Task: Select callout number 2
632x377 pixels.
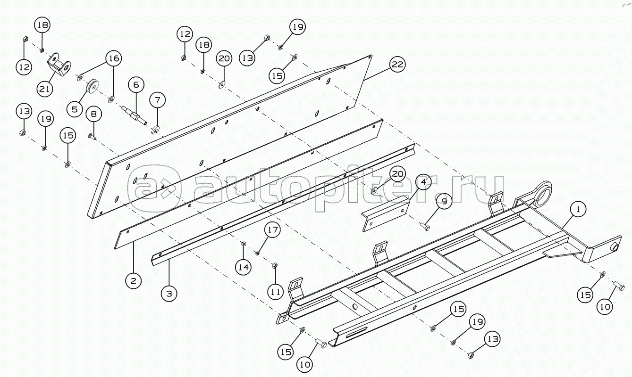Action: (133, 281)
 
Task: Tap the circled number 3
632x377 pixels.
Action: (169, 294)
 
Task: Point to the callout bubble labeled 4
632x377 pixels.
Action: (423, 182)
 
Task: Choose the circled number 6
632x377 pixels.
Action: (136, 85)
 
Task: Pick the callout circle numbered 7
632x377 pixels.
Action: (158, 100)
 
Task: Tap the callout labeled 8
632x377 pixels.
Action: (93, 114)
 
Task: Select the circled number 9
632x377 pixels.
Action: (444, 202)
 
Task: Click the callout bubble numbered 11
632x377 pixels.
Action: (275, 292)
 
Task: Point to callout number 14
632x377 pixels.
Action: (243, 267)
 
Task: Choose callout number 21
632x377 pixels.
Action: (46, 89)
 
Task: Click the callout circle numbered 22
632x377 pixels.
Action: (397, 65)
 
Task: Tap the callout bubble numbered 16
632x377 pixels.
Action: (113, 58)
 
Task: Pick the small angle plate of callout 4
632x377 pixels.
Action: (385, 214)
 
